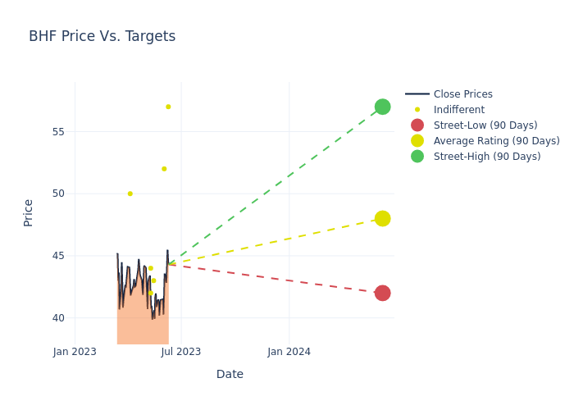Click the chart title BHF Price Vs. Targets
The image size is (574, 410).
click(102, 36)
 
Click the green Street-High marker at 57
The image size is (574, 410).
click(382, 107)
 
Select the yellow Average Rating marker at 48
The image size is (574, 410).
click(382, 218)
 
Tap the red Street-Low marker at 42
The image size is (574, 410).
click(382, 293)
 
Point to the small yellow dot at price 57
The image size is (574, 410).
click(168, 107)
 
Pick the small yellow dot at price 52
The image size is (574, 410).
click(164, 169)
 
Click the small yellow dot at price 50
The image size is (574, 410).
click(130, 194)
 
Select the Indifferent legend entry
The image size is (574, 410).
click(458, 110)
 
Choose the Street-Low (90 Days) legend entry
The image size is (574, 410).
click(485, 125)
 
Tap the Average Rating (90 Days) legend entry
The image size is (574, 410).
click(496, 141)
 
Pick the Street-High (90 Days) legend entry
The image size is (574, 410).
click(486, 157)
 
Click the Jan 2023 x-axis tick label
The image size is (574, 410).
click(75, 352)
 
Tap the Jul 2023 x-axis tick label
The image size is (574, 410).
click(181, 352)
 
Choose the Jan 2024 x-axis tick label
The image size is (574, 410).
click(289, 352)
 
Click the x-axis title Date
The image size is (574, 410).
click(230, 374)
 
